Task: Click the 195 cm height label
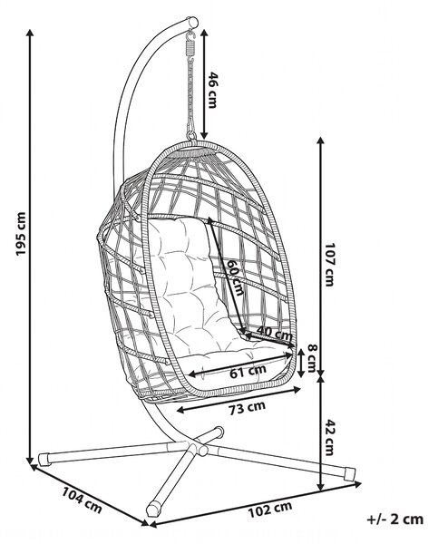click(x=21, y=234)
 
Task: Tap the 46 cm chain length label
click(x=212, y=90)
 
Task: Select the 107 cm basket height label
click(x=328, y=265)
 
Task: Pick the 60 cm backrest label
click(x=236, y=277)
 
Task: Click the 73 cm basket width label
click(x=247, y=408)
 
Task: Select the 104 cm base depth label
click(x=82, y=500)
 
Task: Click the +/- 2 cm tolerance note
click(x=395, y=519)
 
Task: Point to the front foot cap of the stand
click(x=153, y=509)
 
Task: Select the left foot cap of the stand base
click(x=44, y=459)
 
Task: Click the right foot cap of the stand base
click(x=348, y=473)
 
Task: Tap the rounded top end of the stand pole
click(x=192, y=22)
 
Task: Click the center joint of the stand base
click(x=196, y=447)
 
